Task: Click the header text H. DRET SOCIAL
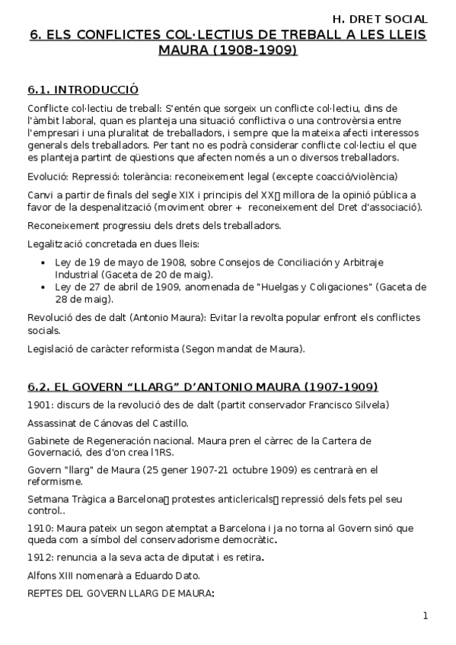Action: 380,18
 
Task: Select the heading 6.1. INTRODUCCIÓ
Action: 82,90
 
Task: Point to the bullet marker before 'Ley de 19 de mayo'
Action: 43,262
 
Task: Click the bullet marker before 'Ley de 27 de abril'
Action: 43,287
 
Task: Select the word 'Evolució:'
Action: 48,176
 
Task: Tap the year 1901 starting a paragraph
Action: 40,404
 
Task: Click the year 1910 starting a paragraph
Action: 40,527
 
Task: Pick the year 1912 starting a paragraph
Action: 40,558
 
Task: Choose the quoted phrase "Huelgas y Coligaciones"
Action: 305,287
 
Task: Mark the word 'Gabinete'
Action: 49,440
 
